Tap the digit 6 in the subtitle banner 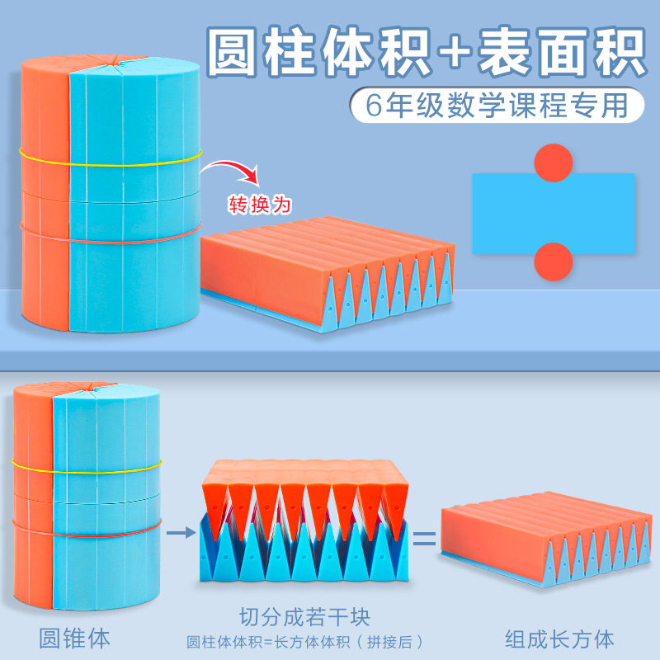tap(369, 106)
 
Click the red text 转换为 tap(259, 201)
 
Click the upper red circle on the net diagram tap(553, 163)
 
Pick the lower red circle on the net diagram tap(553, 263)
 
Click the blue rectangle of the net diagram tap(553, 213)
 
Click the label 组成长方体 tap(559, 638)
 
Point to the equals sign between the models tap(423, 540)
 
